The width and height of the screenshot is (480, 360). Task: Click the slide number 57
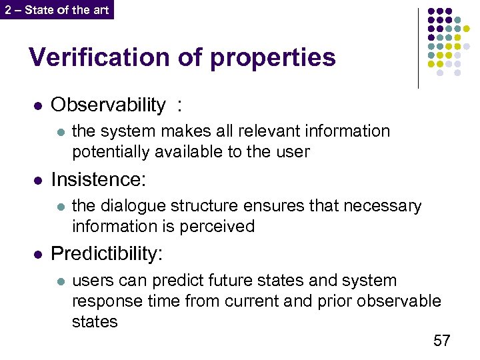(x=441, y=341)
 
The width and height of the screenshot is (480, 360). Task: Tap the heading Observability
(x=108, y=105)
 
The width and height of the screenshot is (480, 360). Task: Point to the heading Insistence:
(x=98, y=179)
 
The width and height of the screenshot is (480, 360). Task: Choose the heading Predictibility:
(x=107, y=254)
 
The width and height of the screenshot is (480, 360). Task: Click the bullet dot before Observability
(x=38, y=106)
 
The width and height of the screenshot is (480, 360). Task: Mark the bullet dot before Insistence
(x=38, y=181)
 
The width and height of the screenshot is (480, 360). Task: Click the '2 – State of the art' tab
(x=57, y=9)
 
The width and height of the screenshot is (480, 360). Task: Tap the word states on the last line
(x=95, y=322)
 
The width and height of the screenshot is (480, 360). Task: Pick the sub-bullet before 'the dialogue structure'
(x=59, y=207)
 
